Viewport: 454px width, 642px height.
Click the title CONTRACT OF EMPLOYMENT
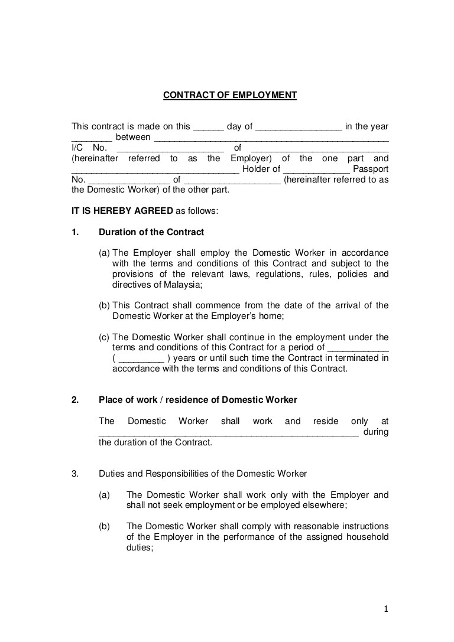230,94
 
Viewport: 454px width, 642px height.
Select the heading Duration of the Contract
151,232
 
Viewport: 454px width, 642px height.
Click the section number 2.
75,400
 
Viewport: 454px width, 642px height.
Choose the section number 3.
75,474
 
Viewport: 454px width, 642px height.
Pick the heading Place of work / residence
198,400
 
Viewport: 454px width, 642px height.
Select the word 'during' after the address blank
377,432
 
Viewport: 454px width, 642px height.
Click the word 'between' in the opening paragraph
132,137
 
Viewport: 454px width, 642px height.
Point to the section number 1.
75,232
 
